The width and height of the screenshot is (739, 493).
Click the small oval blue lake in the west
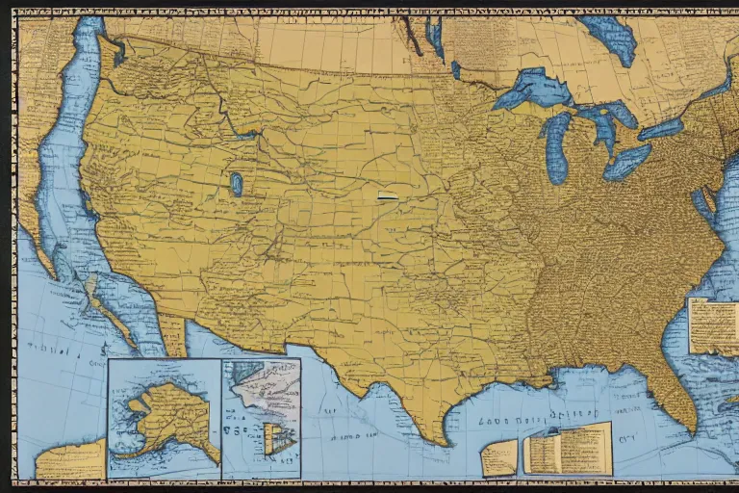(236, 184)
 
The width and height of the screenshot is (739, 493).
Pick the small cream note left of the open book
(499, 458)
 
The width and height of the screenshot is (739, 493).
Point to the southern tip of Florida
(684, 424)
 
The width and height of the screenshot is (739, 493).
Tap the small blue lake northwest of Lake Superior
(455, 69)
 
